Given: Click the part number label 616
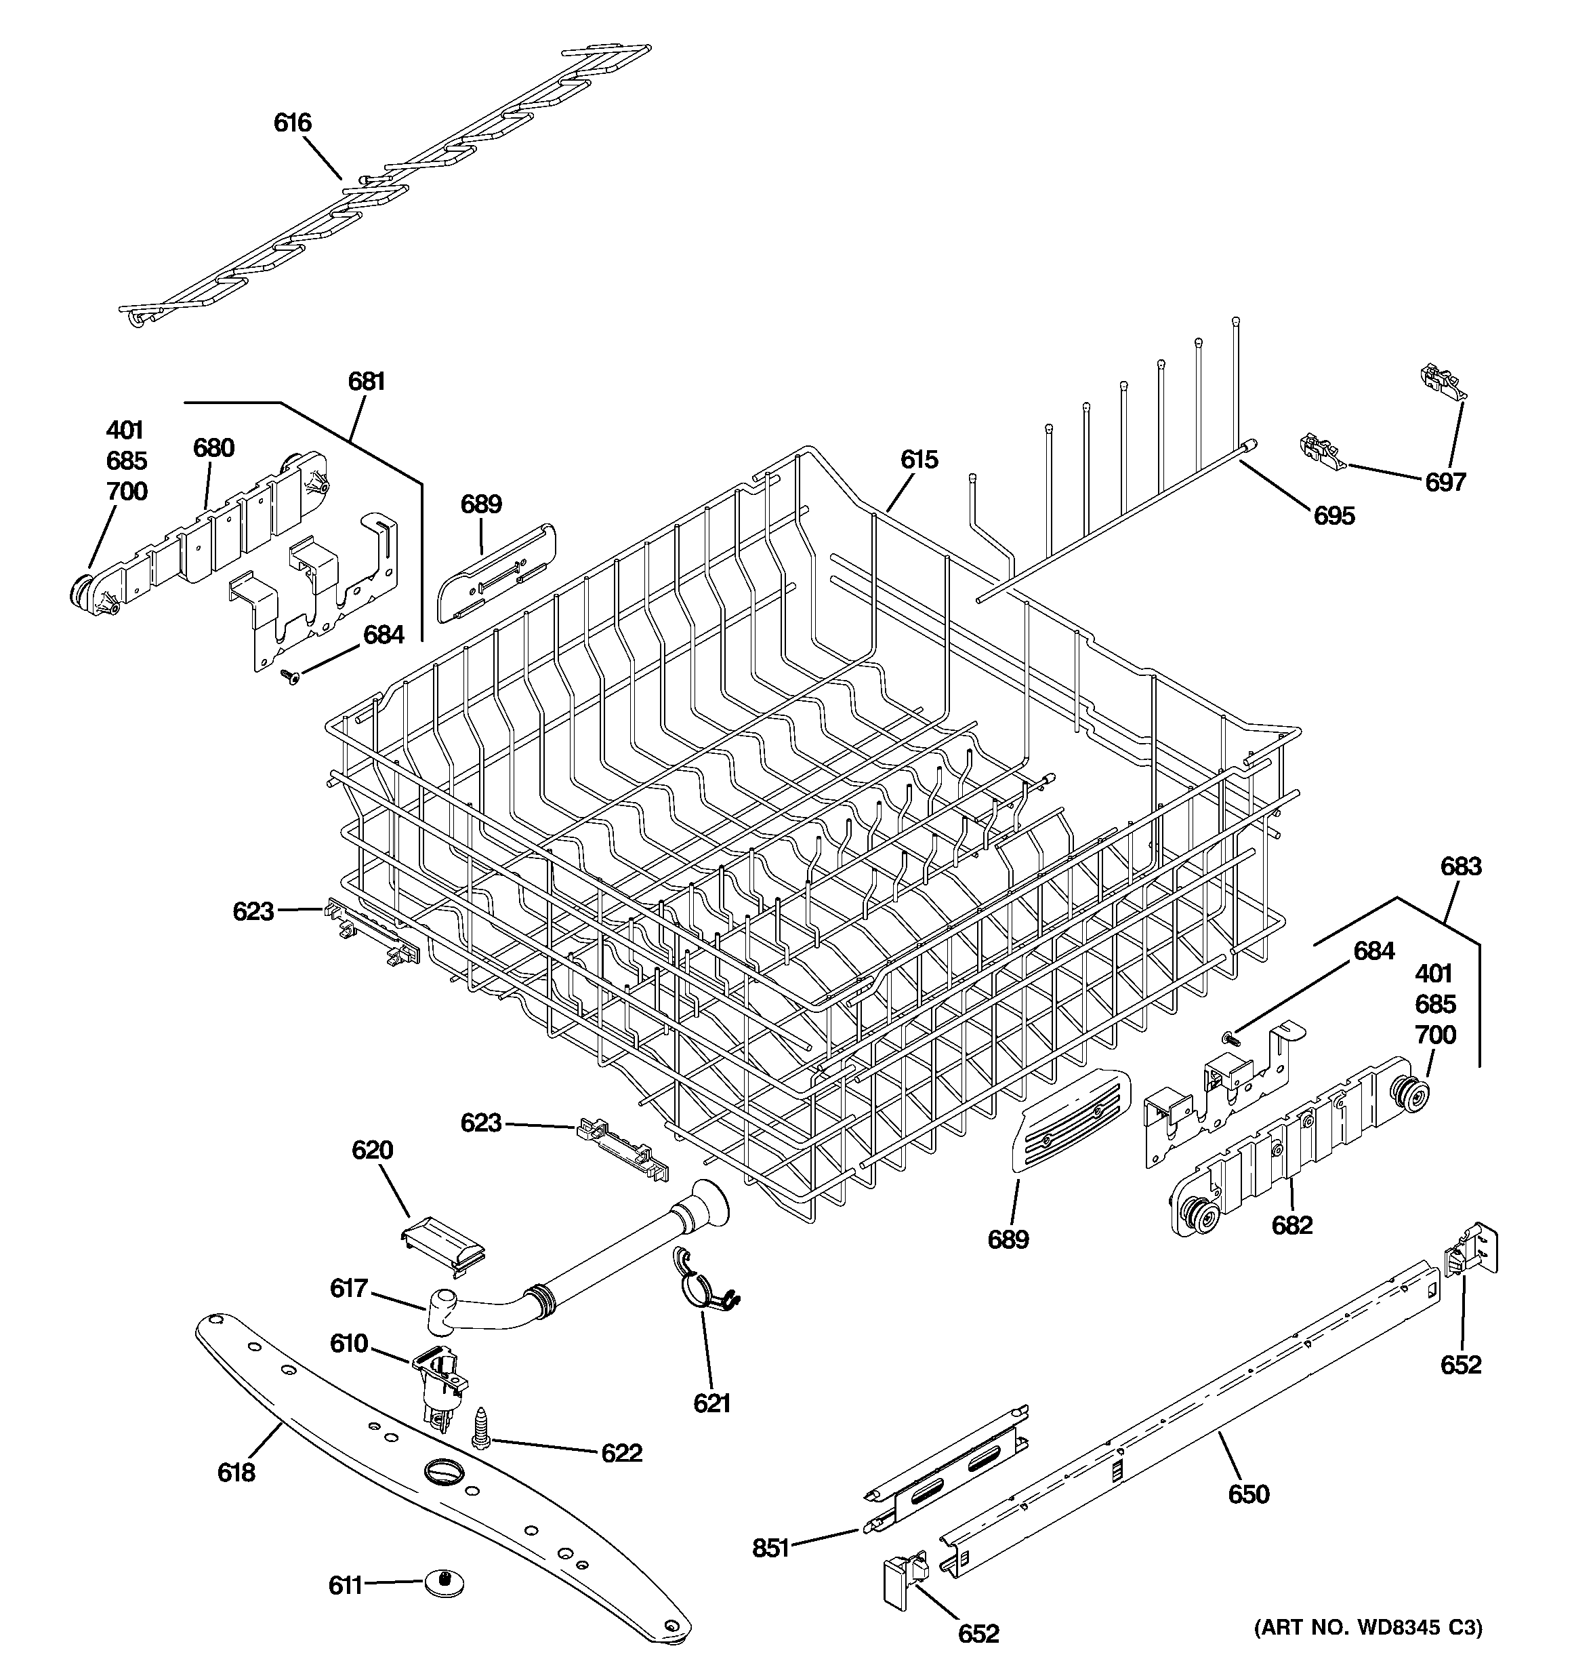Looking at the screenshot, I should [292, 123].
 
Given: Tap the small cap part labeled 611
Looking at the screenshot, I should [443, 1582].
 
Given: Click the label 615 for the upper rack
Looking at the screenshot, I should [919, 460].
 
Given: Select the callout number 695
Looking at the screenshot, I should [1334, 516].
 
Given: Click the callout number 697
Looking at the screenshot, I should [1445, 483].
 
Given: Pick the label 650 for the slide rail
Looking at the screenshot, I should [1248, 1495].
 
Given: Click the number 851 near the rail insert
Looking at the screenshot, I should [770, 1548].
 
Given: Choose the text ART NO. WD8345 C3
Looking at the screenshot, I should [1368, 1651].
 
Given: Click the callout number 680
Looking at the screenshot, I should [213, 448].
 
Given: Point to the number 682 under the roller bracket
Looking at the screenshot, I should [1292, 1224].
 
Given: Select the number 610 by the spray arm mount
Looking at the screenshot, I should [348, 1343].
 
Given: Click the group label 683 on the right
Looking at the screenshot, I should [1461, 867].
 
